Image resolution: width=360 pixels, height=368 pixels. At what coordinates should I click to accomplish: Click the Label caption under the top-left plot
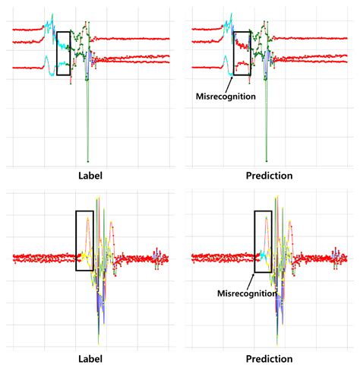coord(90,176)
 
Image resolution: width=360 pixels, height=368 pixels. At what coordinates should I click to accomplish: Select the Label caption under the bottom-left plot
coord(90,359)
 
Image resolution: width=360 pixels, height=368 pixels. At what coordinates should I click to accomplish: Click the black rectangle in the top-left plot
coord(64,53)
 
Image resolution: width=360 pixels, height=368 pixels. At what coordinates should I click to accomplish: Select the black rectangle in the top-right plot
coord(242,53)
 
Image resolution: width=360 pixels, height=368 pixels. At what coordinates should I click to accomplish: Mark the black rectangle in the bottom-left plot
coord(84,240)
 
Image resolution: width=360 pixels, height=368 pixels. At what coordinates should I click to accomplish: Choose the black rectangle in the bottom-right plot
coord(263,240)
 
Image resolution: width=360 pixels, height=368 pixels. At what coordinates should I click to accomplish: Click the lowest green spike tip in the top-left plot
coord(88,160)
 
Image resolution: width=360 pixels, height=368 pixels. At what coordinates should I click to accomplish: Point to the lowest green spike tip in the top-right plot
coord(267,160)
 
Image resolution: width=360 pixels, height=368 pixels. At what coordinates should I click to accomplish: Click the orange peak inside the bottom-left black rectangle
coord(88,220)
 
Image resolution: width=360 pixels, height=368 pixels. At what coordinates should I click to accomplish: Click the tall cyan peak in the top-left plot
coord(51,15)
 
